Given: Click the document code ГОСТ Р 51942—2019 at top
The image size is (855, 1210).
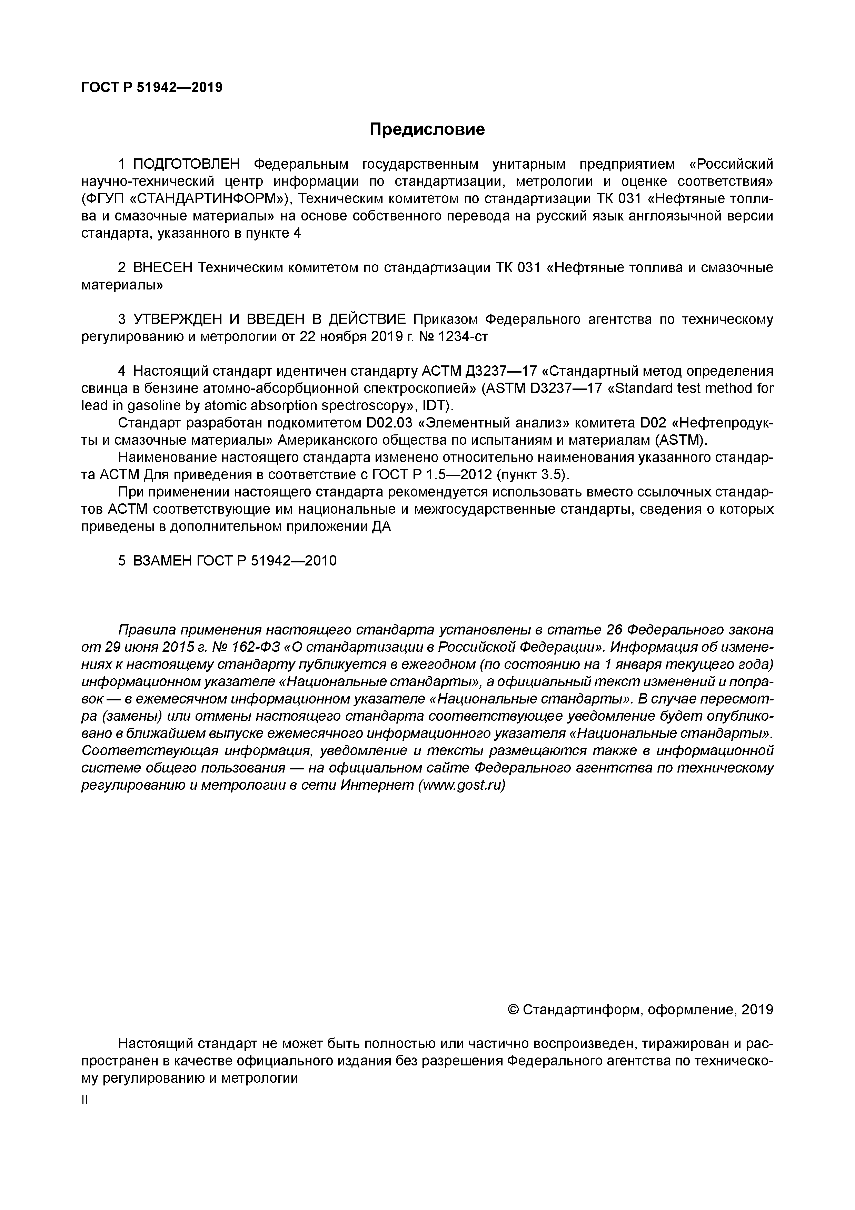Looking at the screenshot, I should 152,87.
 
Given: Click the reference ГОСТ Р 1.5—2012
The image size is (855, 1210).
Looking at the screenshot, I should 431,475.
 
